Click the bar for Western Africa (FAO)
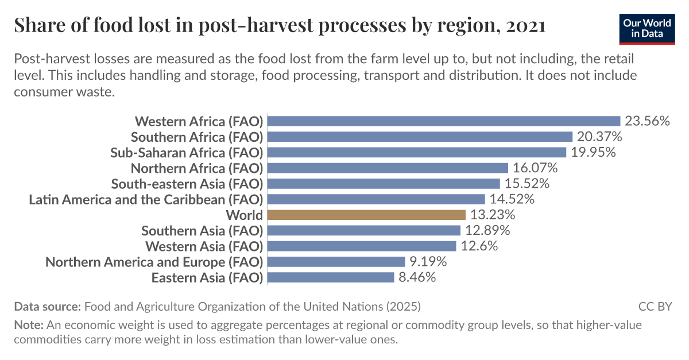[x=444, y=121]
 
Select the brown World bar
[x=366, y=215]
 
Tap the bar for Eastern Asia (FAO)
[x=331, y=278]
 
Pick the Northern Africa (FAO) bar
[x=388, y=168]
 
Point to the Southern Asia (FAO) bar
[x=364, y=231]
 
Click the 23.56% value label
[x=648, y=121]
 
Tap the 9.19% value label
[x=428, y=262]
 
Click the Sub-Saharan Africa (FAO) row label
[x=187, y=153]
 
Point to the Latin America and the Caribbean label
[x=146, y=200]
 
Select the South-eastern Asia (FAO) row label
[x=187, y=184]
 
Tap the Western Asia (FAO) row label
[x=204, y=246]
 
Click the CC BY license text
[x=655, y=306]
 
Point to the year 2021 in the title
[x=525, y=26]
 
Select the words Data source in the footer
[x=48, y=306]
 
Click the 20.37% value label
[x=599, y=137]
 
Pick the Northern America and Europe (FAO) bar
[x=336, y=262]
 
